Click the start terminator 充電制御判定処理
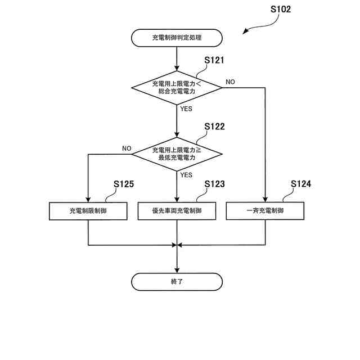pos(177,38)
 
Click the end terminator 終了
pos(177,281)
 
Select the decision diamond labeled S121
pos(177,87)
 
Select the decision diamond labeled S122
pos(177,154)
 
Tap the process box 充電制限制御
pos(88,211)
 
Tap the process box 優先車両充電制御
pos(177,211)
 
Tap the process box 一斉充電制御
pos(265,211)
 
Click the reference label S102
pos(281,10)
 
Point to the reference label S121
pos(214,60)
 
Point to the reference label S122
pos(214,127)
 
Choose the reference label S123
pos(214,184)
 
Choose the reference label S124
pos(301,184)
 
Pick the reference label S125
pos(124,184)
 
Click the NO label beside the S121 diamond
pos(230,82)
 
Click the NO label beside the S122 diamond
pos(127,148)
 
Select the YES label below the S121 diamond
pos(186,109)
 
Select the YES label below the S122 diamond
pos(186,175)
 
